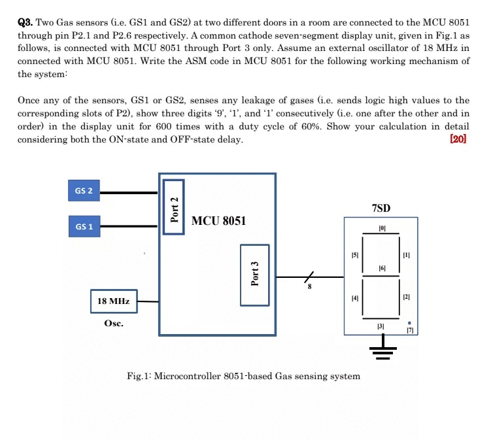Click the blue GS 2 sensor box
coord(83,192)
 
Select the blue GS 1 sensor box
coord(83,226)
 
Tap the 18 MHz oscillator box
coord(113,301)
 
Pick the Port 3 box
coord(256,275)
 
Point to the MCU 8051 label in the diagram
coord(218,221)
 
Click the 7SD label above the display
coord(381,209)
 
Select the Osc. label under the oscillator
coord(114,323)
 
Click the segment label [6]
coord(382,269)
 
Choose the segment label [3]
coord(382,325)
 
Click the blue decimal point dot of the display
coord(409,322)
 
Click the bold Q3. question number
coord(25,22)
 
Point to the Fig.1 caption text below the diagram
coord(243,376)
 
